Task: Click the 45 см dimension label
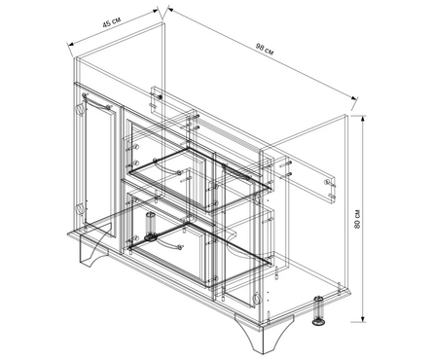pyautogui.click(x=112, y=23)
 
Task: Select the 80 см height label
pyautogui.click(x=358, y=219)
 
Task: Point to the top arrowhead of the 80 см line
pyautogui.click(x=363, y=119)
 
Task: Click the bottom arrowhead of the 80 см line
pyautogui.click(x=363, y=318)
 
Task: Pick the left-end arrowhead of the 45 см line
pyautogui.click(x=71, y=44)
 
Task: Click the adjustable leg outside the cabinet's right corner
pyautogui.click(x=319, y=310)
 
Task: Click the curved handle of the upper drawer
pyautogui.click(x=167, y=167)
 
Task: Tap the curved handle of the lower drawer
pyautogui.click(x=168, y=244)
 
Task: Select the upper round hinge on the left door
pyautogui.click(x=80, y=109)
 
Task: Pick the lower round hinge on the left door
pyautogui.click(x=80, y=209)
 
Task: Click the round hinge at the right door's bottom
pyautogui.click(x=257, y=298)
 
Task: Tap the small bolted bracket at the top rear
pyautogui.click(x=157, y=99)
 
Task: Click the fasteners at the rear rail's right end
pyautogui.click(x=330, y=189)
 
